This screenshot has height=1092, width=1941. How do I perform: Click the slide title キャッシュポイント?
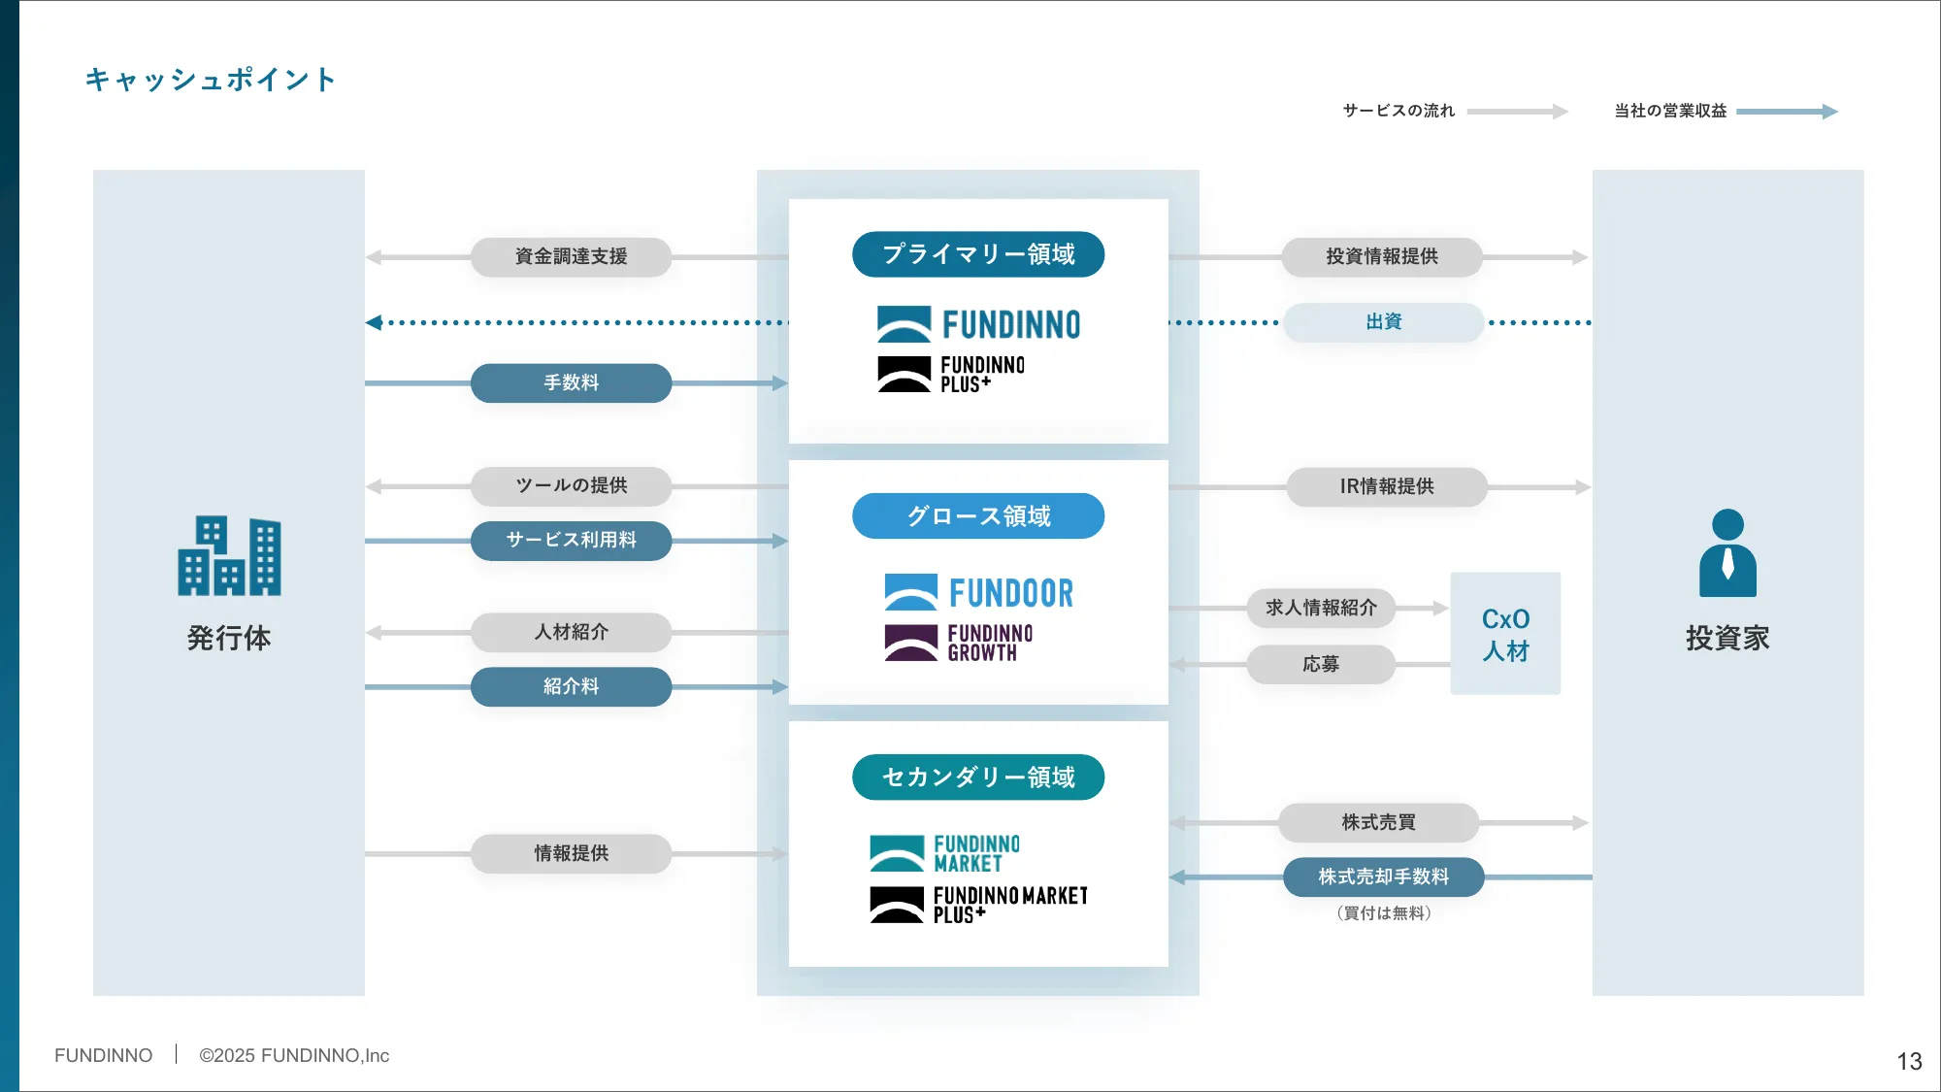(210, 80)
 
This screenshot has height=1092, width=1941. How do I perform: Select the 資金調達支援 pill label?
(571, 256)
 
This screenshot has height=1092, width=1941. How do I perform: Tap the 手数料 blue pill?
(571, 382)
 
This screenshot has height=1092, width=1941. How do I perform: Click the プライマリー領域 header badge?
(977, 254)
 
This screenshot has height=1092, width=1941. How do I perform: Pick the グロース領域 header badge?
(977, 515)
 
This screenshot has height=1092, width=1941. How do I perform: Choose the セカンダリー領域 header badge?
(977, 777)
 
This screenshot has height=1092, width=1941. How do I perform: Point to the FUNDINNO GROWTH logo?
(959, 643)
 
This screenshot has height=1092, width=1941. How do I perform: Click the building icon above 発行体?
(229, 556)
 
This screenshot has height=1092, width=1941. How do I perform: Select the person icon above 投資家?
(1727, 553)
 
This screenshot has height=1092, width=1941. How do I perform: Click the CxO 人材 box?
(1505, 634)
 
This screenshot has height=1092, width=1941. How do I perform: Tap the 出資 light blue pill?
(1383, 322)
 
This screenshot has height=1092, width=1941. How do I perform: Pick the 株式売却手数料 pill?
(1383, 877)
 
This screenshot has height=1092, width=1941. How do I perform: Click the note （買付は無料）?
(1383, 913)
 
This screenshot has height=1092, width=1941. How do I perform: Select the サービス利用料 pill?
(571, 540)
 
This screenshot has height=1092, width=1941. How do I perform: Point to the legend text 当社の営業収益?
(1670, 111)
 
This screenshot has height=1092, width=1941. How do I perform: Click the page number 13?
(1909, 1061)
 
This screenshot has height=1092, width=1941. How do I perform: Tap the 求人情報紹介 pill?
(1321, 608)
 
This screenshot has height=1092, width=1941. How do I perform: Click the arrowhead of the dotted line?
(374, 322)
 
